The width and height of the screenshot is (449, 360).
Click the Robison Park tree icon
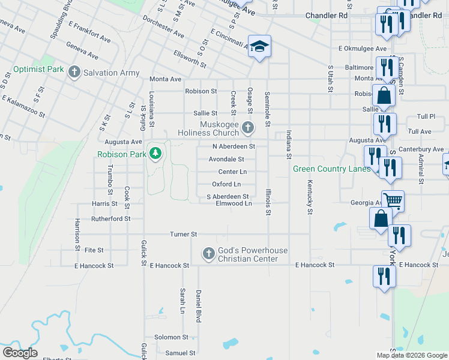coord(155,154)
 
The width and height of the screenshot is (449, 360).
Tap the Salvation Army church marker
coord(74,73)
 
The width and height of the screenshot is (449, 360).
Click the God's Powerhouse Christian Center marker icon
coord(208,254)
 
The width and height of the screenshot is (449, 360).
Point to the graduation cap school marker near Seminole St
coord(259,47)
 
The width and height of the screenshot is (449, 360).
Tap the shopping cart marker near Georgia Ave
coord(393,201)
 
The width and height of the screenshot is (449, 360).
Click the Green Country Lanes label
coord(331,169)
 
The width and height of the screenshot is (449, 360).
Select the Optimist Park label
coord(38,70)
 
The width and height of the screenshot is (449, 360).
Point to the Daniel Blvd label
coord(197,306)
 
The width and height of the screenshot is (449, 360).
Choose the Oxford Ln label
coord(226,184)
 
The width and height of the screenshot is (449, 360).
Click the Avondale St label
coord(226,160)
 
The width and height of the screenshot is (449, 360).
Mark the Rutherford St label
coord(110,219)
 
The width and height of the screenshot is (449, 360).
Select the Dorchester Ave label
coord(163,27)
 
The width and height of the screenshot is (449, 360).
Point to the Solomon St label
coord(171,338)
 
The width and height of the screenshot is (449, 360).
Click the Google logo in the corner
coord(20,353)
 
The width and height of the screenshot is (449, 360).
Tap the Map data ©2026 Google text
coord(411,355)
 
